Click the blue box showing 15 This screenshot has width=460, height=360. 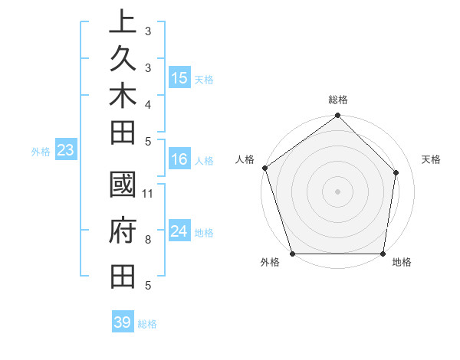pos(179,78)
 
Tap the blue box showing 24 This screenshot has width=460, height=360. pos(179,231)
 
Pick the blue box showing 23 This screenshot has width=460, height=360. pos(66,151)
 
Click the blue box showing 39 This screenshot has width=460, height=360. pos(123,322)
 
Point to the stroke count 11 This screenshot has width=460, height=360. pos(148,193)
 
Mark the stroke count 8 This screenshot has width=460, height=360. pos(147,240)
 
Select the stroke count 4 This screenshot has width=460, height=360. pos(147,104)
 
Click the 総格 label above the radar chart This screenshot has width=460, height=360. pos(338,100)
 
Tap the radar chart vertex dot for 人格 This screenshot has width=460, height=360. pos(265,168)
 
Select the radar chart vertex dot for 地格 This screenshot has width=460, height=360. pos(383,254)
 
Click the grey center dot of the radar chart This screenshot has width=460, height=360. pos(338,191)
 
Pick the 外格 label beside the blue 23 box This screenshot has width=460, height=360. pos(41,152)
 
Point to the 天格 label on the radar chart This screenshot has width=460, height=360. pos(431,159)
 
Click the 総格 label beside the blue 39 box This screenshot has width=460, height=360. pos(148,324)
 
